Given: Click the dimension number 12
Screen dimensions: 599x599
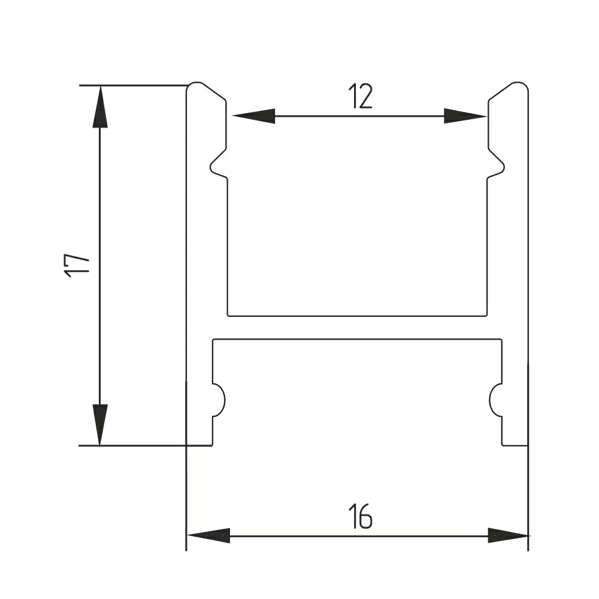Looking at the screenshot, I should coord(360,96).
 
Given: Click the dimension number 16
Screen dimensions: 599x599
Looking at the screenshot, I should coord(360,516).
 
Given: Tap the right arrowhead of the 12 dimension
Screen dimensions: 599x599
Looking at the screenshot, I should coord(464,116).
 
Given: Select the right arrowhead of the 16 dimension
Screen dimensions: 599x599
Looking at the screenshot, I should coord(508,535).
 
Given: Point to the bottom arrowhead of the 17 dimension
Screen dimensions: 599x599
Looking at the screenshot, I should coord(100,425).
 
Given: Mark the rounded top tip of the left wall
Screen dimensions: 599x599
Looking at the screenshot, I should coord(196,87).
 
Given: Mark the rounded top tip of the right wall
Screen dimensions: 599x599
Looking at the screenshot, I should coord(519,87).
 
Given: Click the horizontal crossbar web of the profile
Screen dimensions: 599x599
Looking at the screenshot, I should coord(357,327).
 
